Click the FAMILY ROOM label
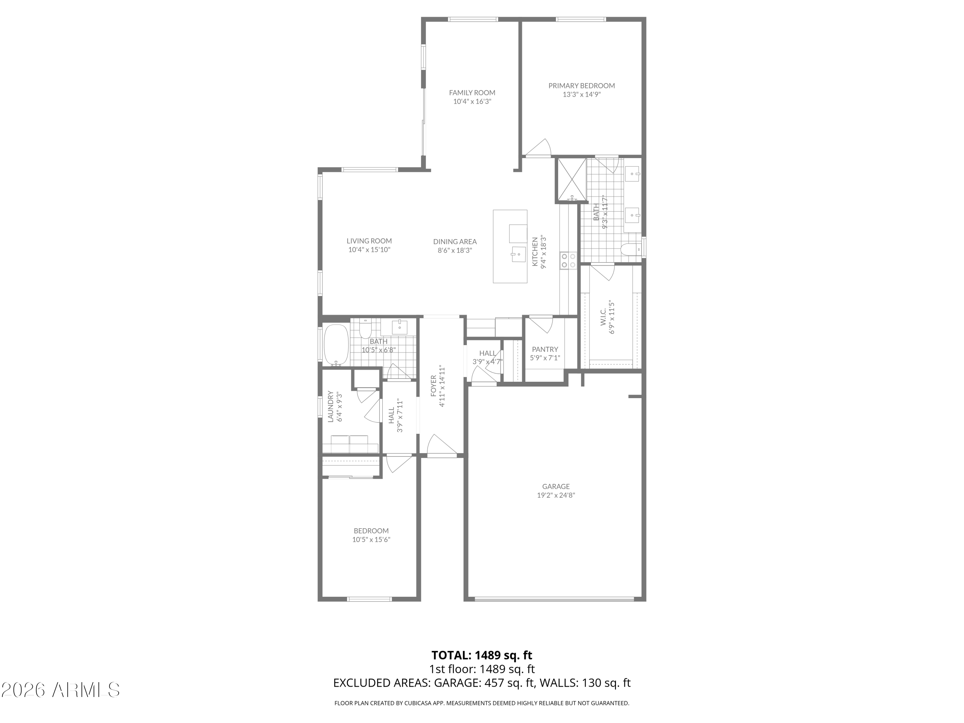point(472,93)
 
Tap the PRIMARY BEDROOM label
point(581,86)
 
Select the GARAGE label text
point(556,486)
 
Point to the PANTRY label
point(545,349)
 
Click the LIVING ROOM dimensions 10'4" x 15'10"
point(369,250)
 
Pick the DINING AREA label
point(455,241)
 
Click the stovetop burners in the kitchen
point(568,260)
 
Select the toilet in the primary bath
point(630,250)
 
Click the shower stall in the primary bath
point(571,180)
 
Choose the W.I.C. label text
point(603,317)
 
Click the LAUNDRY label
point(330,406)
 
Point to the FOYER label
point(433,386)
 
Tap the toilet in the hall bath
point(365,329)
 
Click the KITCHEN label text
point(535,252)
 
